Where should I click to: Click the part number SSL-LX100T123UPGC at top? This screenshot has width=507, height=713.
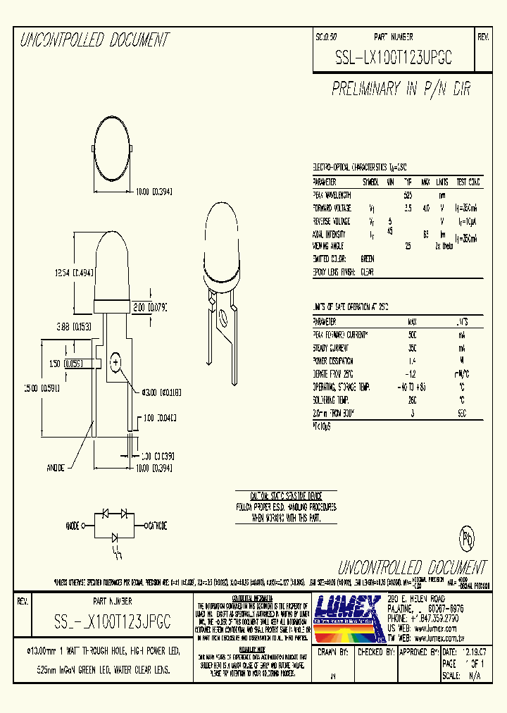coord(392,61)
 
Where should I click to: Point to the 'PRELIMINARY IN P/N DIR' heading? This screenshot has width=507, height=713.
coord(401,89)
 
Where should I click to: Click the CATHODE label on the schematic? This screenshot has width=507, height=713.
coord(156,525)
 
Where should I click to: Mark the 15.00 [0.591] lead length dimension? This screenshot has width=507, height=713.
coord(37,387)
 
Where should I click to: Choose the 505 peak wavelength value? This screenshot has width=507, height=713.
coord(407,195)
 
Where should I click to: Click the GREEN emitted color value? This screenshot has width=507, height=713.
coord(367,259)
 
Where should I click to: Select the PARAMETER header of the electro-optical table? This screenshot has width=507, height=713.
coord(325,182)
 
